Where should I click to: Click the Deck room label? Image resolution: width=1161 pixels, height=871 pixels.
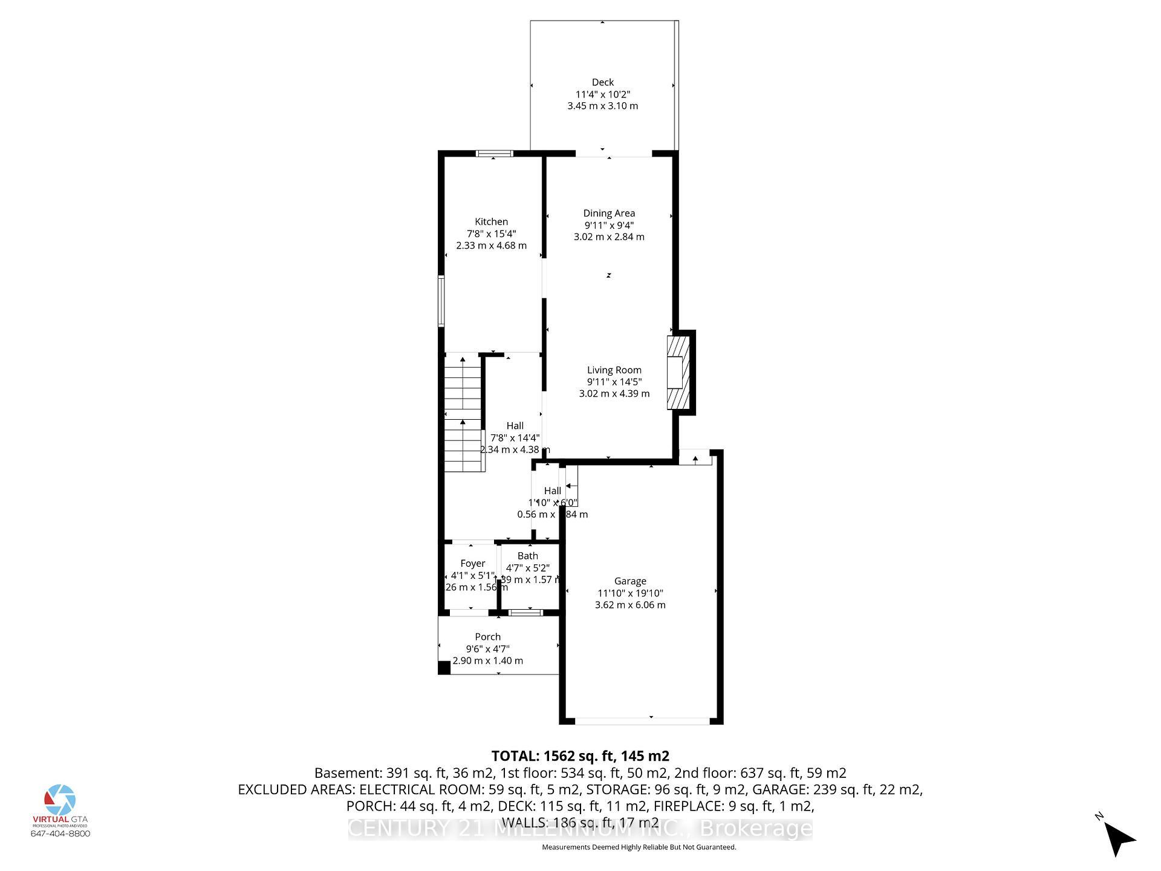[602, 82]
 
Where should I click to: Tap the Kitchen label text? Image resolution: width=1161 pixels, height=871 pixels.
[491, 222]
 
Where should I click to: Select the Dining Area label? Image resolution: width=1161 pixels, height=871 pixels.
[609, 213]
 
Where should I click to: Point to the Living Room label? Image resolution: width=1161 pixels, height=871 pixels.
[614, 370]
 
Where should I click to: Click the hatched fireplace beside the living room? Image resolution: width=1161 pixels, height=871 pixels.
[678, 373]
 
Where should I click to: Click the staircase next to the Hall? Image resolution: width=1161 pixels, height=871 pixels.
[464, 414]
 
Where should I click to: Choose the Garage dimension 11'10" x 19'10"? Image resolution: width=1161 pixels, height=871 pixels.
[630, 593]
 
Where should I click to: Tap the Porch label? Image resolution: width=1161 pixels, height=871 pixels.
[487, 637]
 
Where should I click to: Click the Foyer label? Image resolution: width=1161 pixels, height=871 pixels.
[472, 564]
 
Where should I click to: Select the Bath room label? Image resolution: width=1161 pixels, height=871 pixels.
[527, 556]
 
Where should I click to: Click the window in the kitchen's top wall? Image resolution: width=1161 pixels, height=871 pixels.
[494, 153]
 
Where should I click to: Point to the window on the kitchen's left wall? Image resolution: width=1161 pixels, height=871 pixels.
[441, 301]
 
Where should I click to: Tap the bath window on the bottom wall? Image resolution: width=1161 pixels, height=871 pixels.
[525, 613]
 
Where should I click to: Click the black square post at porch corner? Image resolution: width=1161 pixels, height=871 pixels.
[444, 668]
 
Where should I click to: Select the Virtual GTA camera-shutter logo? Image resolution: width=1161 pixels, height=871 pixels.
[60, 800]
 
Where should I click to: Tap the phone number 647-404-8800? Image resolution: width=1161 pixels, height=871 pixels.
[60, 833]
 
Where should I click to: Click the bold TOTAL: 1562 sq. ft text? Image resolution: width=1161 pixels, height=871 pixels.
[579, 756]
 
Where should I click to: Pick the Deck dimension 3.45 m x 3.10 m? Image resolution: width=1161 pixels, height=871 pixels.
[602, 106]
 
